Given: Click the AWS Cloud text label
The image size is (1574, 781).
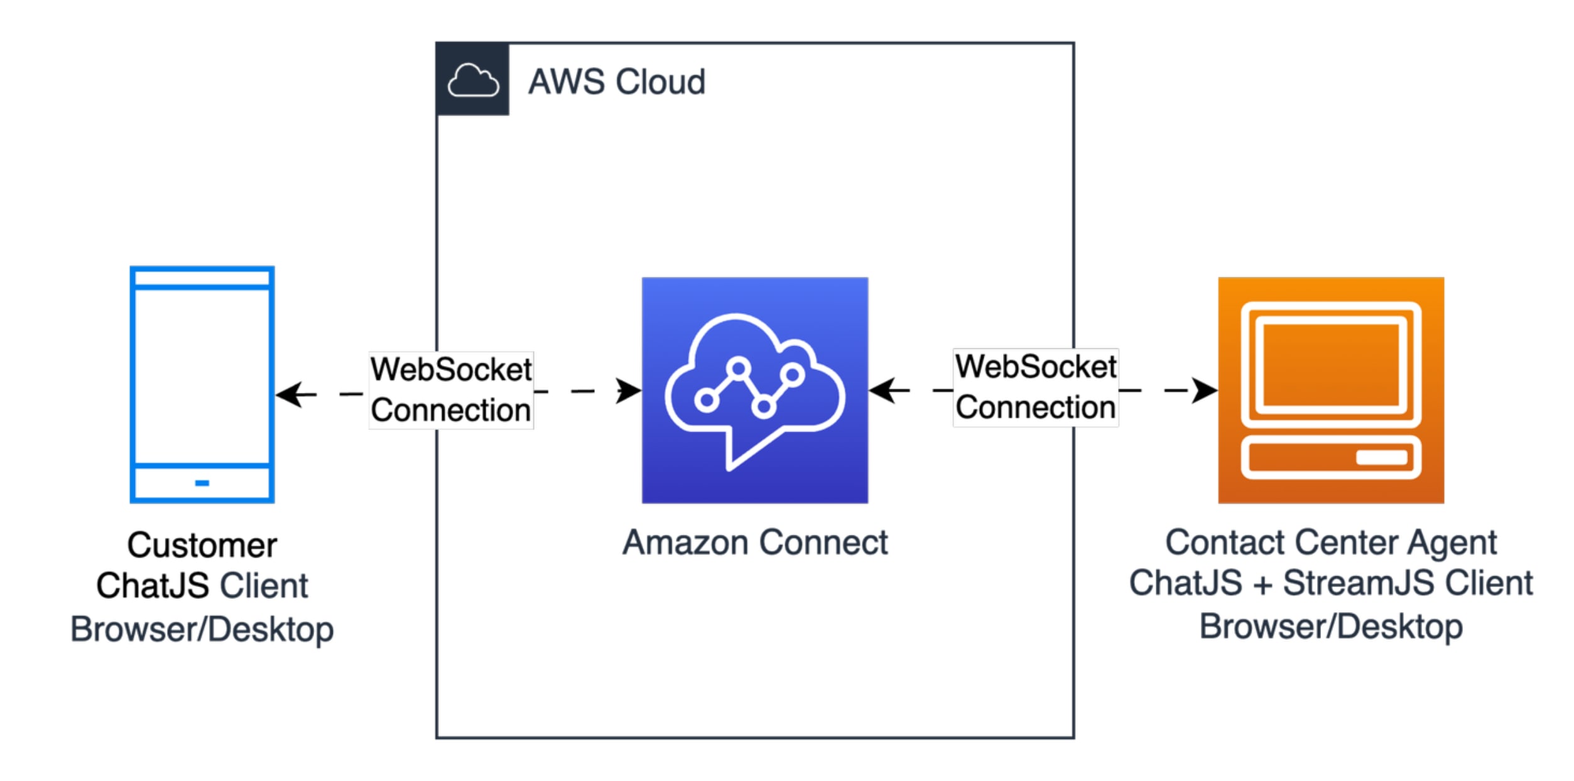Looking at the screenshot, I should coord(616,82).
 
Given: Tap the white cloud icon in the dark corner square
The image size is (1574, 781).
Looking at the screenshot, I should coord(473,80).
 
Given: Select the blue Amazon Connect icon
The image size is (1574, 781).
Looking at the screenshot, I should coord(754,390).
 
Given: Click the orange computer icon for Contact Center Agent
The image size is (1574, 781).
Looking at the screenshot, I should coord(1330,390).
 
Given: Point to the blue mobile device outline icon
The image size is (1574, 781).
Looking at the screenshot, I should coord(202,384).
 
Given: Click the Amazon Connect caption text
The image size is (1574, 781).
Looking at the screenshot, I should coord(754,542).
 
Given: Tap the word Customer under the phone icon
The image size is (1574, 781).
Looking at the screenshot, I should coord(202,545).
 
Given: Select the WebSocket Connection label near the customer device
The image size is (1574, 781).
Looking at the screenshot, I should coord(450,390).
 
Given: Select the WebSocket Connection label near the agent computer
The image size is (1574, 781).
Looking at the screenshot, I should coord(1035,387).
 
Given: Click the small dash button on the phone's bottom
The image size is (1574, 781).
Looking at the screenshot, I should coord(202,483).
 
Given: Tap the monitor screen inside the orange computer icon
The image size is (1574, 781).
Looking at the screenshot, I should coord(1330,365).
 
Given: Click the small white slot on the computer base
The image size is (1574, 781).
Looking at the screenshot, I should coord(1381,456).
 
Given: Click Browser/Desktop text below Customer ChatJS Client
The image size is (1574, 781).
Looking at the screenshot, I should coord(202,630).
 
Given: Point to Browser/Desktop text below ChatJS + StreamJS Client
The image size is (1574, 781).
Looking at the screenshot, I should coord(1330,627).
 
